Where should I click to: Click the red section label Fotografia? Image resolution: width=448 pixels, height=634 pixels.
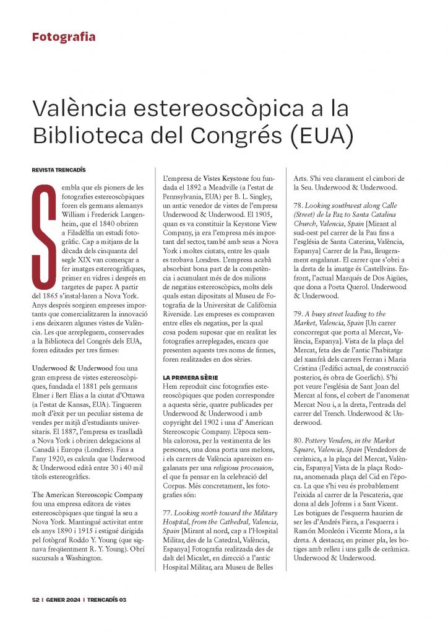click(x=64, y=37)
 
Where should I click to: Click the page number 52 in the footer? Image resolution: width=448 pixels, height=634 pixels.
click(x=37, y=599)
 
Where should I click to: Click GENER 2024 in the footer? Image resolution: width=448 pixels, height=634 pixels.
click(x=63, y=599)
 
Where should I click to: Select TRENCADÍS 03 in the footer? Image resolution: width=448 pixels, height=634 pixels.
click(x=106, y=599)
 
